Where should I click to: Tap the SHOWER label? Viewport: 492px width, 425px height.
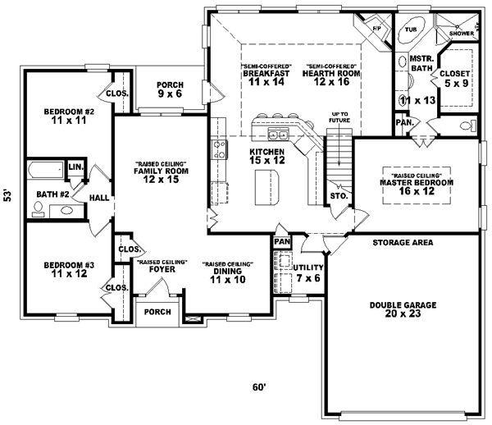pos(463,34)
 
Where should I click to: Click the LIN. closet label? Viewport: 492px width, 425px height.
pos(75,167)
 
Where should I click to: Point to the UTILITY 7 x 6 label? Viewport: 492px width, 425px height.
pos(308,273)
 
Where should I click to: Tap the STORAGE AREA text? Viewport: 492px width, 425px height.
pos(403,243)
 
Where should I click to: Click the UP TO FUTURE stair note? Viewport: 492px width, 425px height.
pos(340,117)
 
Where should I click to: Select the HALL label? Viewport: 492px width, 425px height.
pos(99,198)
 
